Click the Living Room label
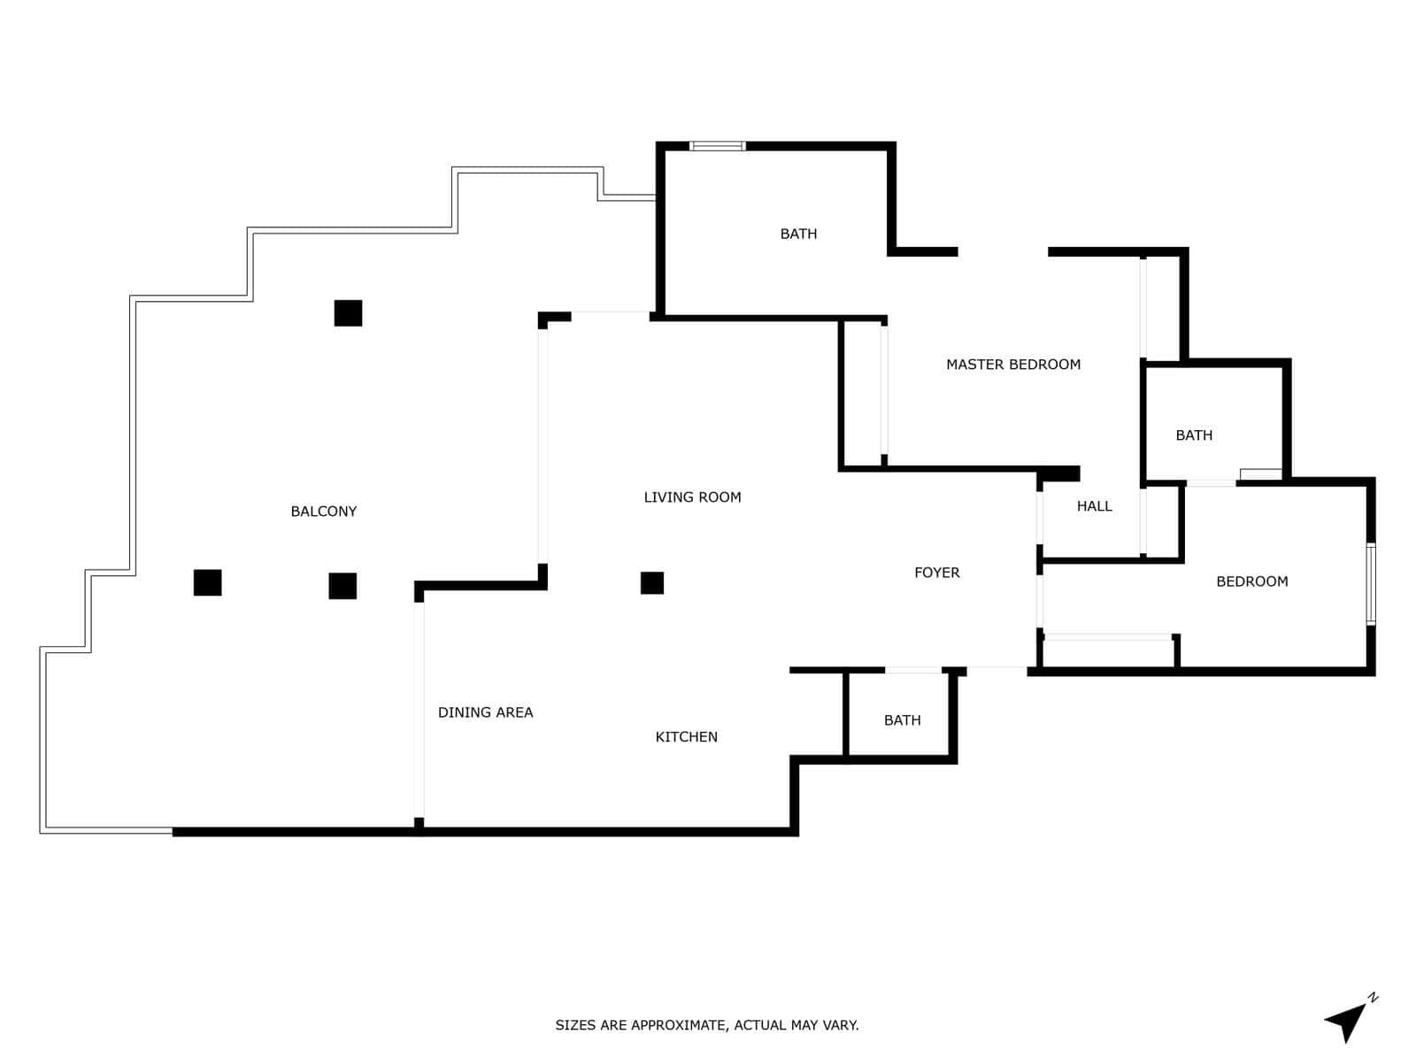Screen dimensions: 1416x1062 point(692,497)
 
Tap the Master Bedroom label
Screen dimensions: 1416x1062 point(1012,365)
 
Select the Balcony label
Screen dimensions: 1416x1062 point(323,512)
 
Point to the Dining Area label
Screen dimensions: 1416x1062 point(485,712)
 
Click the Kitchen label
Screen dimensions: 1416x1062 point(686,737)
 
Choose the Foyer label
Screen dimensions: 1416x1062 point(936,573)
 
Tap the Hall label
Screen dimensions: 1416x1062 point(1094,506)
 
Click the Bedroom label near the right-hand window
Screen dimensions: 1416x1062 point(1251,581)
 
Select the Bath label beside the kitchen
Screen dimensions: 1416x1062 point(902,720)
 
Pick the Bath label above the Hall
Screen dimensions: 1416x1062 point(1194,435)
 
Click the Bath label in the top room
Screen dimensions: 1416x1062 point(798,234)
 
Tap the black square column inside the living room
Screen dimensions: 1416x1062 point(651,583)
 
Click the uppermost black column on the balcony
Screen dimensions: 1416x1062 point(348,313)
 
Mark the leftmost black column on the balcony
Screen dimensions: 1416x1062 point(207,582)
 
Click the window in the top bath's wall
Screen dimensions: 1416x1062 point(717,146)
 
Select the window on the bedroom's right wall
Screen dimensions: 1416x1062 point(1370,584)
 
